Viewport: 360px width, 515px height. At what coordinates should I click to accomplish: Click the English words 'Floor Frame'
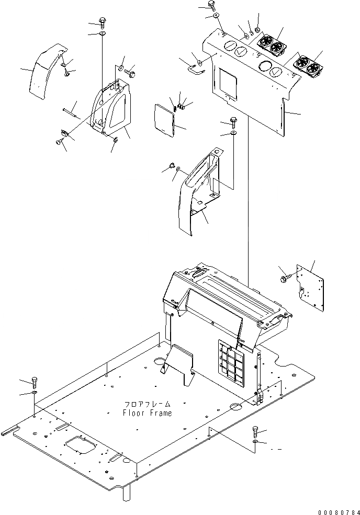click(x=147, y=413)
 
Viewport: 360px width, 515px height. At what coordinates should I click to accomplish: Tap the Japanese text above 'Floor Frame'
click(x=148, y=404)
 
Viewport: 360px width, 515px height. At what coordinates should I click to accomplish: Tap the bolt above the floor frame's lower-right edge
click(x=255, y=431)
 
